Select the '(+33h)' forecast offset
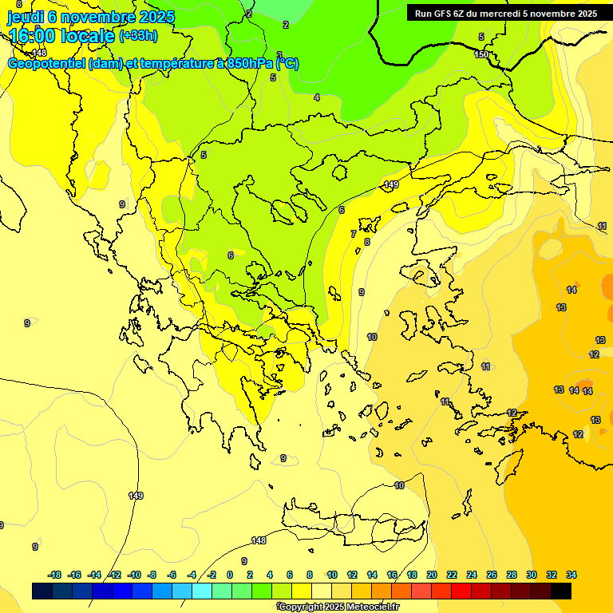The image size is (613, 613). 138,35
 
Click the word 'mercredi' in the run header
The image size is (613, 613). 521,13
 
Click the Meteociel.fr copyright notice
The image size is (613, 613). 339,607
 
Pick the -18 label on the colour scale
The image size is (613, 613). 54,575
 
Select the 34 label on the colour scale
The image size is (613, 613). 571,575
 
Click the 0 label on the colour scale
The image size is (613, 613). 230,575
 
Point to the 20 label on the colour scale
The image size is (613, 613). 432,575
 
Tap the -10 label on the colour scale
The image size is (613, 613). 134,575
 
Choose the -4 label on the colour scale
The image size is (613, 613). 192,575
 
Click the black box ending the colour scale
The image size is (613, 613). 561,591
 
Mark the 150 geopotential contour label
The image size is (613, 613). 481,54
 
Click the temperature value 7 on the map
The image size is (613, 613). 354,234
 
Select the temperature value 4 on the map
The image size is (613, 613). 317,97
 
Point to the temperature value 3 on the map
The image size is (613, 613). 279,55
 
